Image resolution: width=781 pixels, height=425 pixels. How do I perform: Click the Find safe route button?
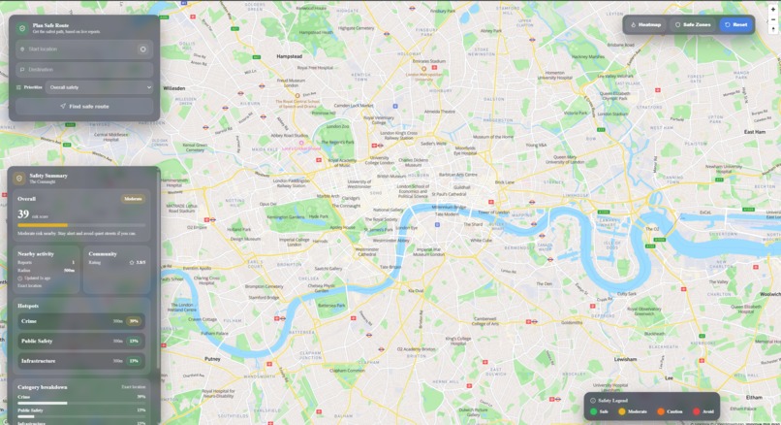[x=84, y=107]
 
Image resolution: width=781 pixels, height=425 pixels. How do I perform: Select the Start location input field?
[x=78, y=49]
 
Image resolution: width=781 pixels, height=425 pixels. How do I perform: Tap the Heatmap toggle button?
[x=646, y=24]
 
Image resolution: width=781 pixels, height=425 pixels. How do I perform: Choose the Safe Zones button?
[x=693, y=24]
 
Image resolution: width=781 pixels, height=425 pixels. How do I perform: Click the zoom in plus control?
[x=773, y=9]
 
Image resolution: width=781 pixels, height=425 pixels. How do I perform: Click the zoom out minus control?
[x=773, y=19]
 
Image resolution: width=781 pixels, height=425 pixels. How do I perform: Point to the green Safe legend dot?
[x=594, y=411]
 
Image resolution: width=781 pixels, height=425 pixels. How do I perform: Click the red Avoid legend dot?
[x=697, y=411]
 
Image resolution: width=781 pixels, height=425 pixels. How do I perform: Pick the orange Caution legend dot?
[x=661, y=411]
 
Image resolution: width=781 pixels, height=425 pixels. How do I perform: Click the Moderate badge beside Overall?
[x=133, y=199]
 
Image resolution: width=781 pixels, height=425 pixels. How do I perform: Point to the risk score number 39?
[x=23, y=214]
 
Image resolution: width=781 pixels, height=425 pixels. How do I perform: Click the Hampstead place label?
[x=289, y=56]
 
